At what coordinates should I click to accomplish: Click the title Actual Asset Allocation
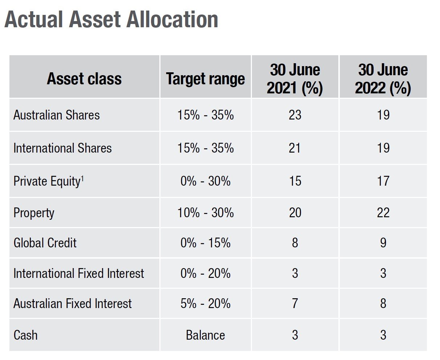111,20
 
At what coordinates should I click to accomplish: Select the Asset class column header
84,79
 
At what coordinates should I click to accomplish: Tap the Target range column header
205,79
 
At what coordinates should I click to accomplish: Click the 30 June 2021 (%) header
295,79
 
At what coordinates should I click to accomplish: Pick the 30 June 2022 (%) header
383,79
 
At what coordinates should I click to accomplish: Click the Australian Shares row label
57,115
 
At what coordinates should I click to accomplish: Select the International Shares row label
62,148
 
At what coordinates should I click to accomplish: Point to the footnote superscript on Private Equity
82,178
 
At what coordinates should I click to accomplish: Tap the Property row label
34,213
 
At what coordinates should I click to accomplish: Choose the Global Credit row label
45,243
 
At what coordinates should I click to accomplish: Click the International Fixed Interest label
79,273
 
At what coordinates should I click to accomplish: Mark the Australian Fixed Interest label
73,303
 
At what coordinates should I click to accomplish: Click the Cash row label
25,335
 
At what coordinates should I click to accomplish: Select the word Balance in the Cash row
205,335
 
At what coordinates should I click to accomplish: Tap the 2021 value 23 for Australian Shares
295,115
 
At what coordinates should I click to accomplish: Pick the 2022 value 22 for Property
383,213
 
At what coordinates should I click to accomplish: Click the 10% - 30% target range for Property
205,213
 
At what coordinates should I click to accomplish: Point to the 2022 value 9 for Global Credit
383,243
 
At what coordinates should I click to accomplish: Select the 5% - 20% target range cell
205,303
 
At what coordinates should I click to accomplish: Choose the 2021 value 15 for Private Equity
295,181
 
